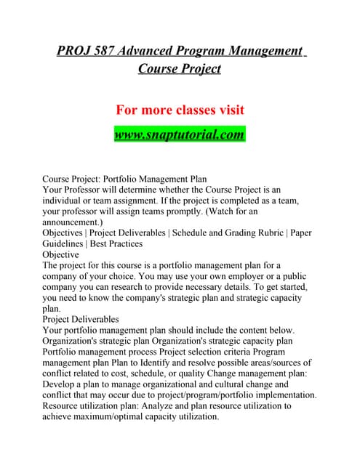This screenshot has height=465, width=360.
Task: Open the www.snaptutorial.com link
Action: pos(180,134)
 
